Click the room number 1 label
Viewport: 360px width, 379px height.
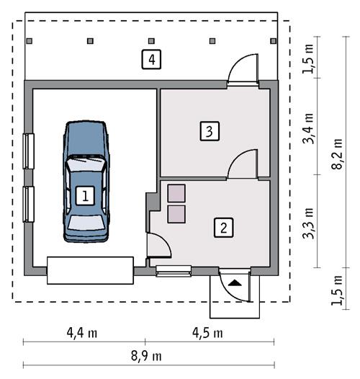pos(85,195)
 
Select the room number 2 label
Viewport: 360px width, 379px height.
pos(224,228)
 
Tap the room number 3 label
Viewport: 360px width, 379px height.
pos(208,131)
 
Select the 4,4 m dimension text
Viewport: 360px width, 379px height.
pos(84,333)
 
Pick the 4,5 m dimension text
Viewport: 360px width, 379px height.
pos(206,333)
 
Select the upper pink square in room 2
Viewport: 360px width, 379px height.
pos(176,193)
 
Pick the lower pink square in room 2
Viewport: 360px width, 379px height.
pos(176,213)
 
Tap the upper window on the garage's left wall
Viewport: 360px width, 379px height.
pos(28,151)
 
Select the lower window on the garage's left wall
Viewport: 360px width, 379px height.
pos(28,205)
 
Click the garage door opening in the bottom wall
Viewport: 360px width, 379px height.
pos(90,269)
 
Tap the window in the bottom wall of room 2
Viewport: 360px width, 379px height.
pos(174,271)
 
